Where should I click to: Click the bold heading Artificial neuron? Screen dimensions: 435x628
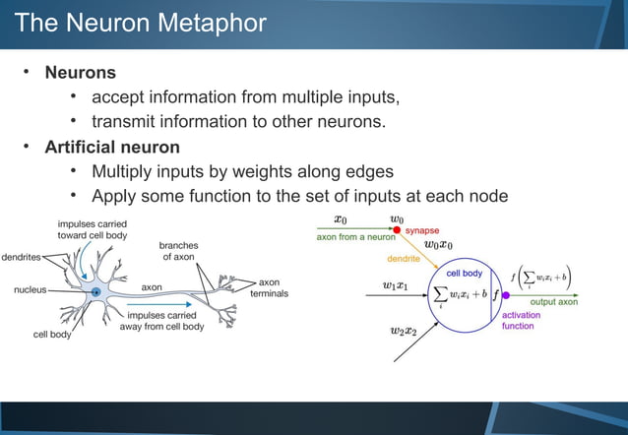[112, 147]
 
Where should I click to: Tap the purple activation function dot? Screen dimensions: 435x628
[507, 293]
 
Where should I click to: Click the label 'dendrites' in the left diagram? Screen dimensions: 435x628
[21, 257]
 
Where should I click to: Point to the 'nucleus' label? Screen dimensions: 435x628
[33, 290]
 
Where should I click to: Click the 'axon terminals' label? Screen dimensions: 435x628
[270, 288]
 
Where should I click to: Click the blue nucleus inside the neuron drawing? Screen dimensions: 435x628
[95, 291]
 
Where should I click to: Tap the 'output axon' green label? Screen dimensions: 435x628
[554, 301]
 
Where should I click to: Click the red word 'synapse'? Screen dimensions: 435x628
[422, 230]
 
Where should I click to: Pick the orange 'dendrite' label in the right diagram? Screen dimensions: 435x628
[403, 259]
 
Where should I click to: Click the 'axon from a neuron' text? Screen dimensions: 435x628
[355, 237]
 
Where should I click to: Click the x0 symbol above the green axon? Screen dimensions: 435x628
[340, 219]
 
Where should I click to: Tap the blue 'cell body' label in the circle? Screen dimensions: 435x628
[464, 273]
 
